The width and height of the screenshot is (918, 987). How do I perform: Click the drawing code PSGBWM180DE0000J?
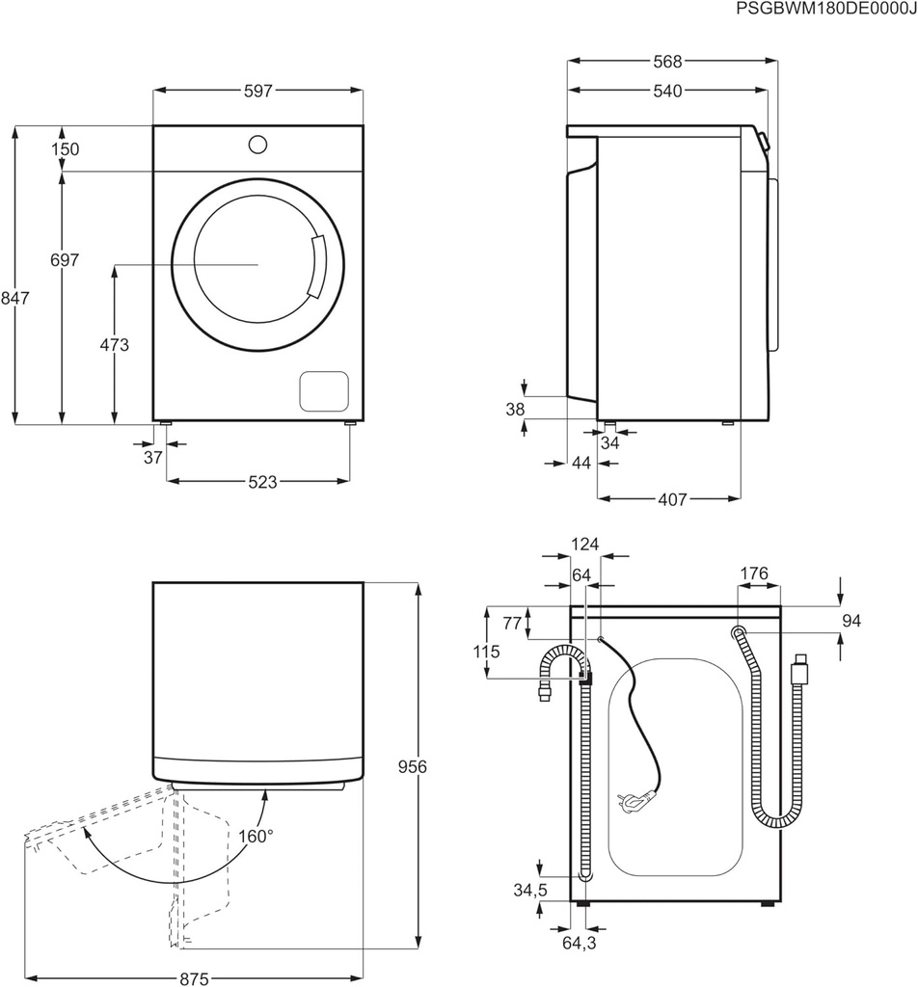pos(825,10)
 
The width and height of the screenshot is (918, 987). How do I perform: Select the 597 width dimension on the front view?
pos(258,91)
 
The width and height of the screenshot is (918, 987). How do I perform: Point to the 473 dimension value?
pos(114,344)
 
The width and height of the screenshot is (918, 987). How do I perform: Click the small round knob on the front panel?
pos(257,145)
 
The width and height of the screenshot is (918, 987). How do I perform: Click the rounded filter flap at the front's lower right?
pos(324,390)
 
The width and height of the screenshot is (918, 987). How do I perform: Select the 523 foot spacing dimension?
pos(258,481)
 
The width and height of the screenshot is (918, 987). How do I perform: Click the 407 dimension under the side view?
pos(671,499)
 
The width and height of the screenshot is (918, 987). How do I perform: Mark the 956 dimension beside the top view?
pos(412,766)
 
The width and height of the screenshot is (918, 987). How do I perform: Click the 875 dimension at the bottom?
pos(195,978)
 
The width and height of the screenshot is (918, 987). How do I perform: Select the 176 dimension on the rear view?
pos(754,574)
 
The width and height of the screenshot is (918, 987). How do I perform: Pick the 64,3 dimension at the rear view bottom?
pos(580,944)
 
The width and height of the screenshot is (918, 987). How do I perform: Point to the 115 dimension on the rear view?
pos(487,652)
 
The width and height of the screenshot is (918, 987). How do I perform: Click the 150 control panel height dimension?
pos(67,149)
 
